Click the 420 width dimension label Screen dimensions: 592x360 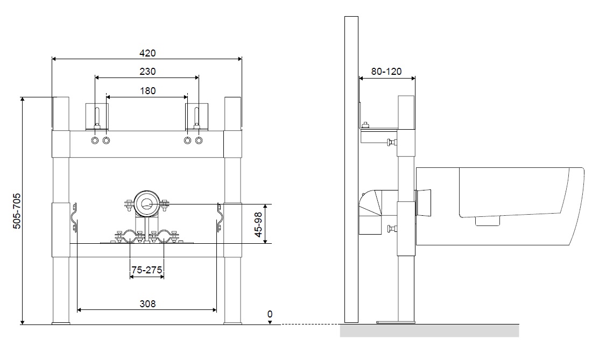pos(147,53)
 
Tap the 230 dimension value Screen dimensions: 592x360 pos(147,72)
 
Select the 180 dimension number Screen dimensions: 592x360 pos(147,91)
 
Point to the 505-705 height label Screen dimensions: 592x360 pos(17,211)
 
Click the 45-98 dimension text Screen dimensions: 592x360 pos(258,224)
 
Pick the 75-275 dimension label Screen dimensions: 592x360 pos(146,270)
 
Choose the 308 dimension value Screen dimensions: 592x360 pos(147,304)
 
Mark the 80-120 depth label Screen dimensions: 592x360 pos(386,72)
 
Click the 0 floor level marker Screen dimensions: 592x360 pos(270,314)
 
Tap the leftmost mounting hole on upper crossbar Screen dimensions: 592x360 pos(95,140)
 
